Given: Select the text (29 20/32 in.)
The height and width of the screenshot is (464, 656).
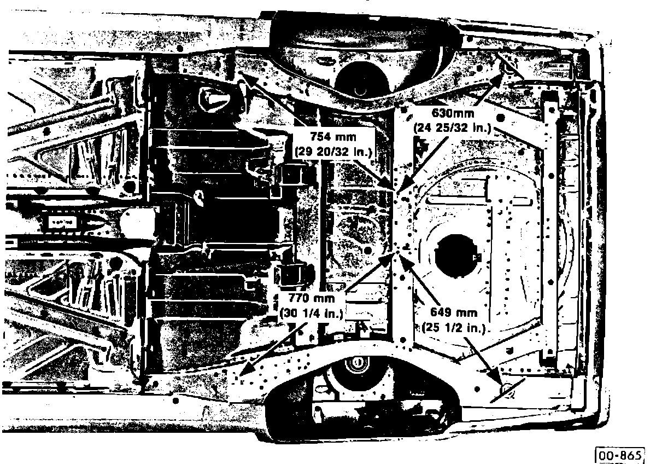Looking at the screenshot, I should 333,150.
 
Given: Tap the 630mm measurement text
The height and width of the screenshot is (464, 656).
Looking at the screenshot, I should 452,113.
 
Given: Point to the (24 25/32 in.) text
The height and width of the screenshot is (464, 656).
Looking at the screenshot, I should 453,128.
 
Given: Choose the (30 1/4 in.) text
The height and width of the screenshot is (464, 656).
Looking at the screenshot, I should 312,314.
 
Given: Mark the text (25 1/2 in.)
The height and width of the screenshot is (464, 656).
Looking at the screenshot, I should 454,327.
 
